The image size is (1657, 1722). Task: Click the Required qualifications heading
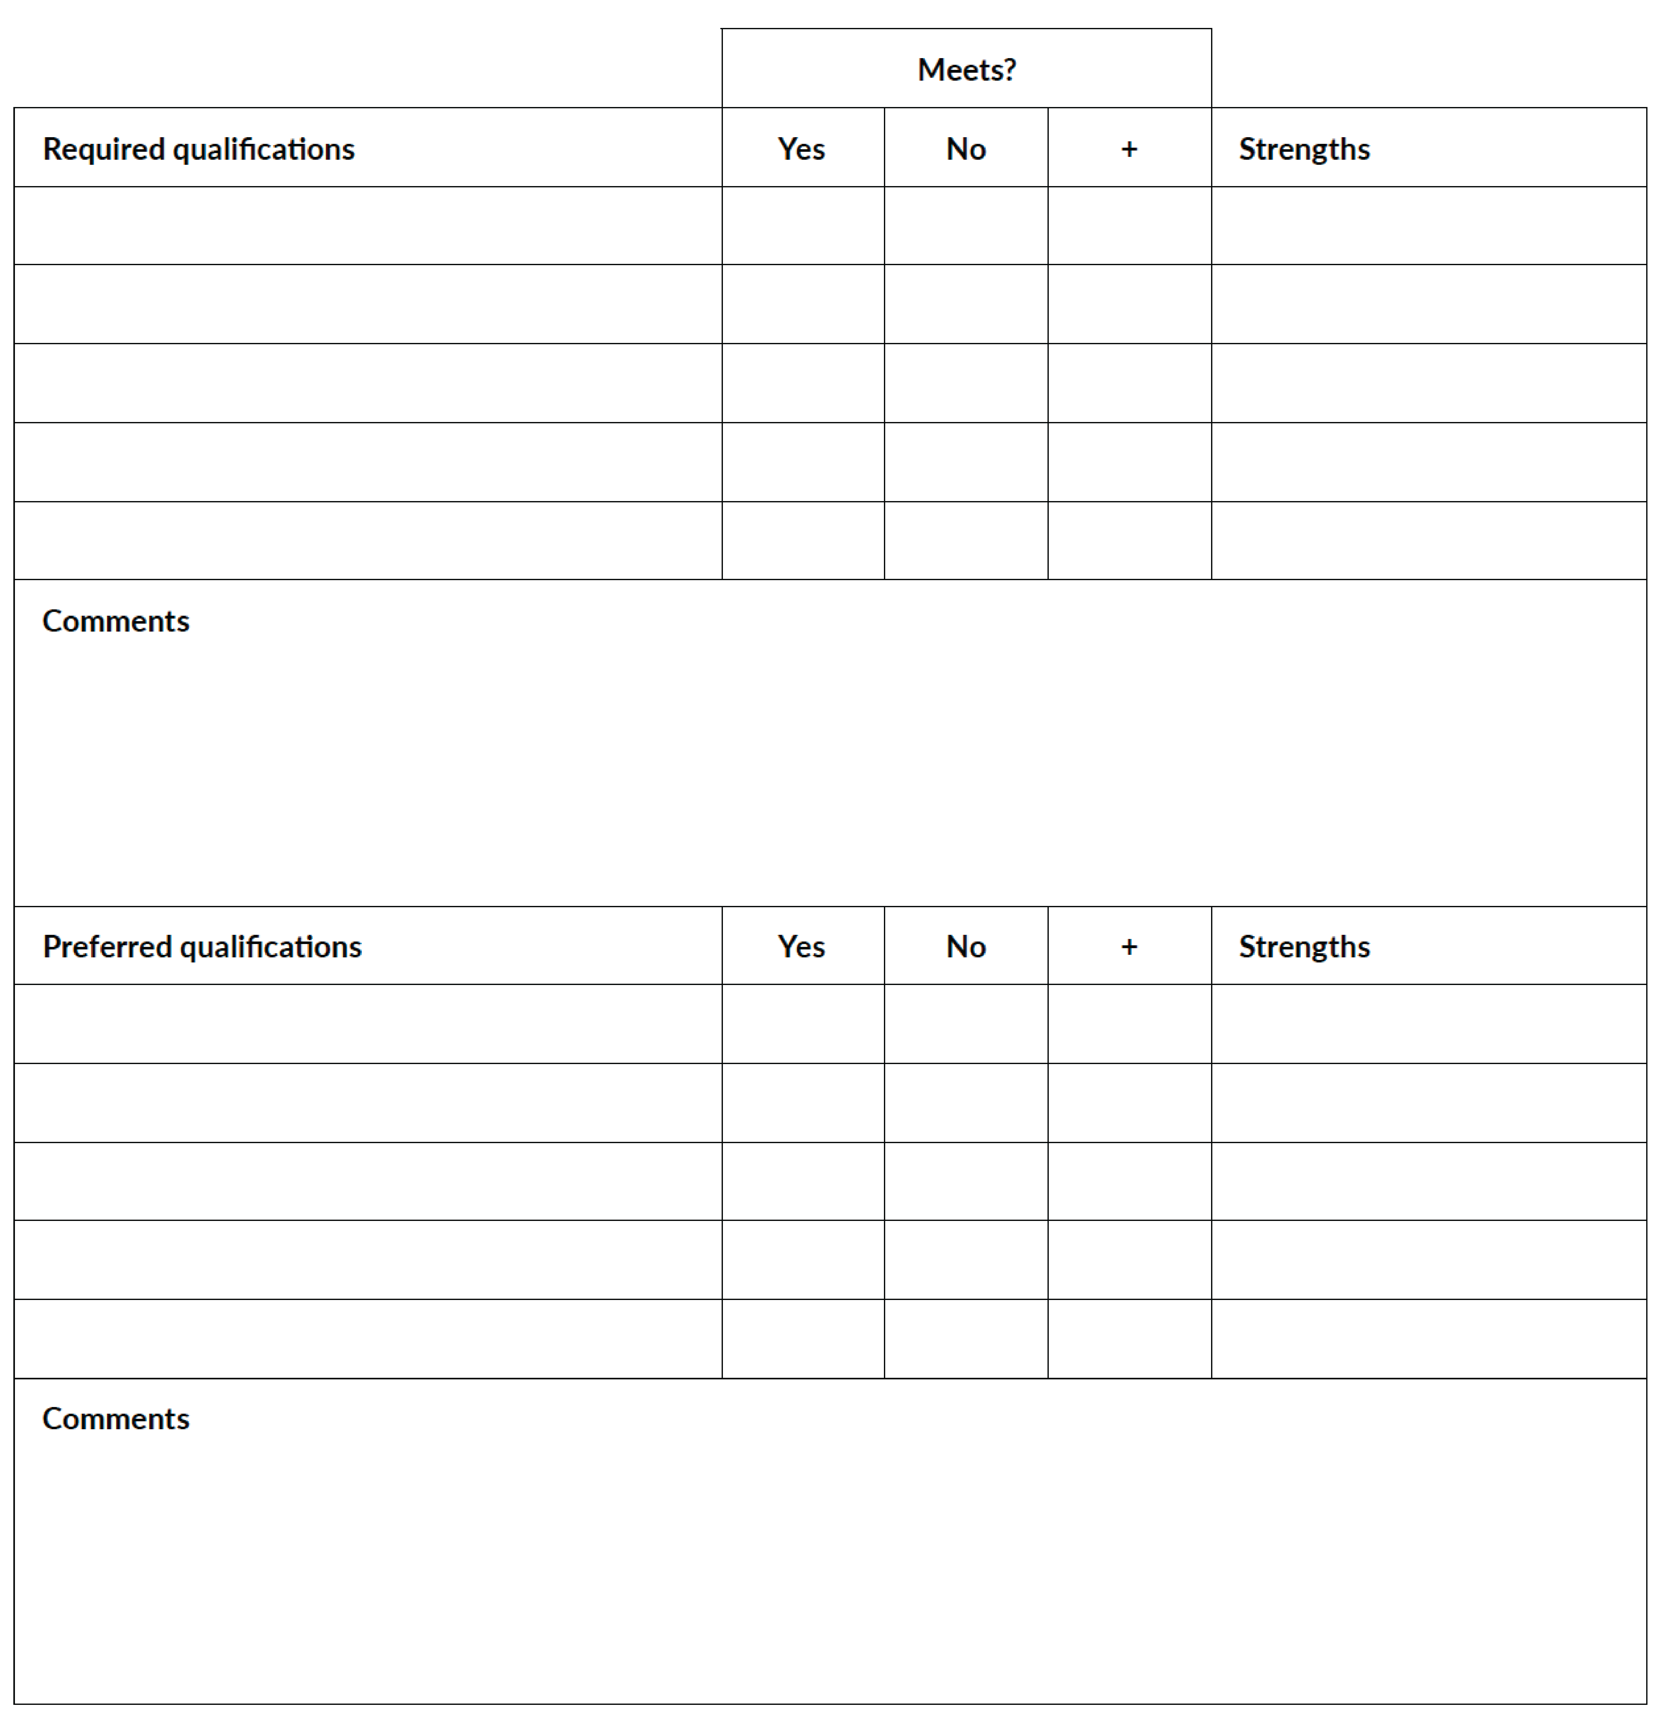click(199, 149)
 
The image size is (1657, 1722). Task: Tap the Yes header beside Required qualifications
click(801, 149)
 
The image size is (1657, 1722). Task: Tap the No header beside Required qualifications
click(966, 149)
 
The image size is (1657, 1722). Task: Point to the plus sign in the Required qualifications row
click(1129, 149)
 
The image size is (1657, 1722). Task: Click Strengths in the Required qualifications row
click(1304, 149)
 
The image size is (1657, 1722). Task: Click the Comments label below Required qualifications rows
click(116, 621)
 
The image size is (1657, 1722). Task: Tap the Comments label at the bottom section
click(116, 1419)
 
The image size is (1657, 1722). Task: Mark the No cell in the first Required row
click(966, 226)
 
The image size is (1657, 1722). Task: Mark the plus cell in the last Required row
click(1129, 540)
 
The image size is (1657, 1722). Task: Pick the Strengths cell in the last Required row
click(1429, 540)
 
